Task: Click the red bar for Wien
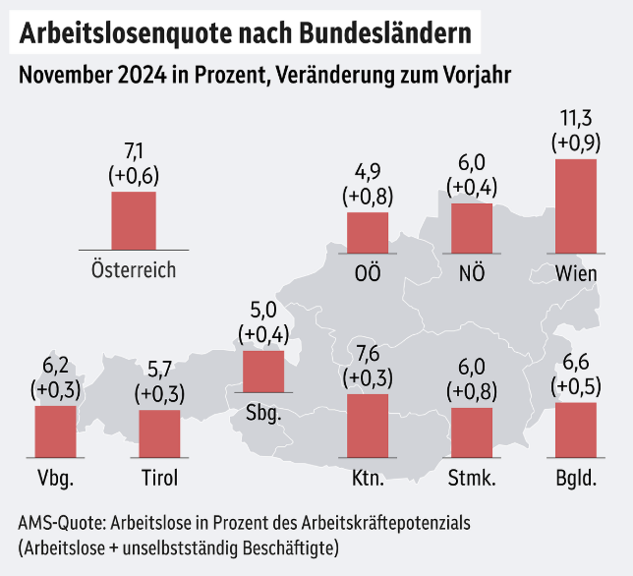[x=576, y=205]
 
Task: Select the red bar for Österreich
[x=133, y=220]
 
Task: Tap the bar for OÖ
[x=368, y=232]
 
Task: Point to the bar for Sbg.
[x=262, y=372]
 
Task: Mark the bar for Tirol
[x=159, y=433]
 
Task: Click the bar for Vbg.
[x=55, y=432]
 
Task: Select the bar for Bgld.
[x=576, y=431]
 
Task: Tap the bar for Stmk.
[x=472, y=432]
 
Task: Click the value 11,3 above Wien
[x=576, y=120]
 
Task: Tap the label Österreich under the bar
[x=133, y=268]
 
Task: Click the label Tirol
[x=159, y=480]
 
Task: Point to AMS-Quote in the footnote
[x=60, y=522]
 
